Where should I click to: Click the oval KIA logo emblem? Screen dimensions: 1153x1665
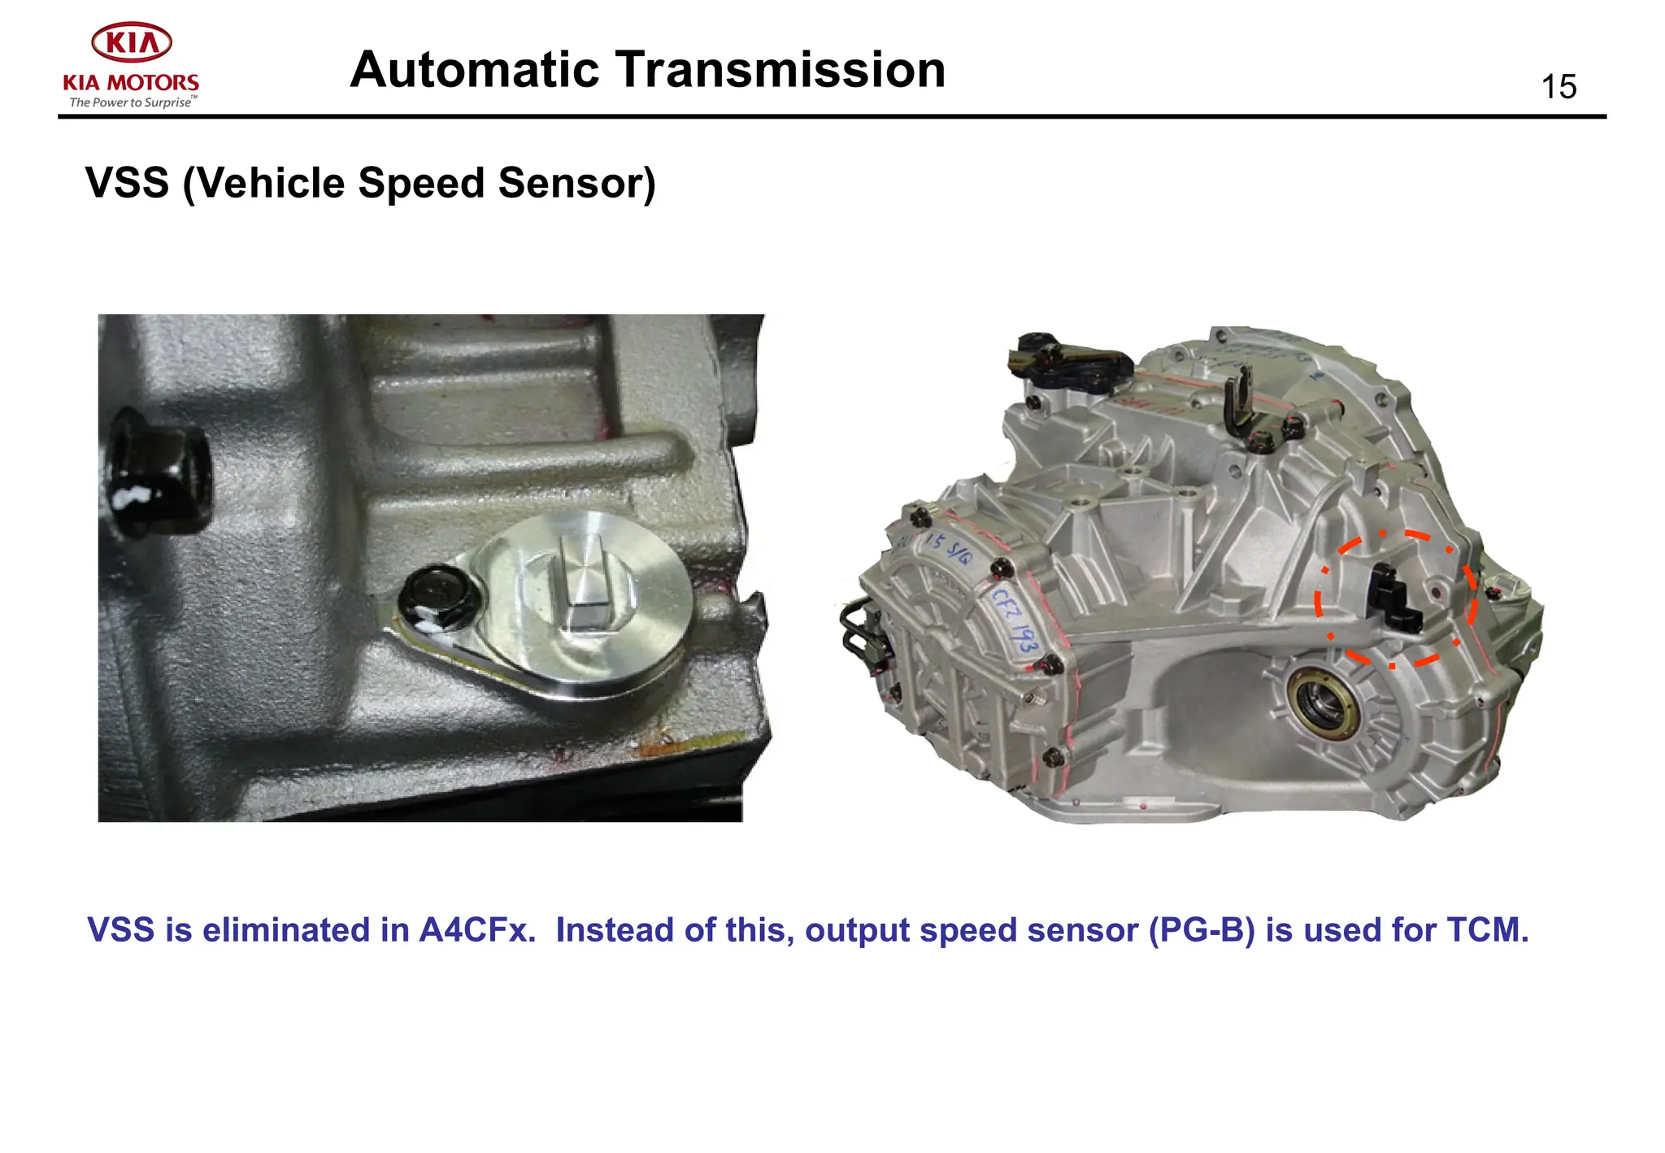(131, 42)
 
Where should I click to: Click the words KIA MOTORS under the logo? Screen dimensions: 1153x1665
(131, 83)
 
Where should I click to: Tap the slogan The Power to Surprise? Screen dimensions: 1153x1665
(131, 102)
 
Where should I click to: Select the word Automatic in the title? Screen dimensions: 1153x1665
(475, 69)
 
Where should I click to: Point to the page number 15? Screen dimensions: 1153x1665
(1558, 87)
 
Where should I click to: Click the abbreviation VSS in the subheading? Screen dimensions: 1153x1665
(128, 183)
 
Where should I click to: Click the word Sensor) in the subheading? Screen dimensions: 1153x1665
(576, 183)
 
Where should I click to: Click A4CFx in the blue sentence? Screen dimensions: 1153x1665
(476, 930)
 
